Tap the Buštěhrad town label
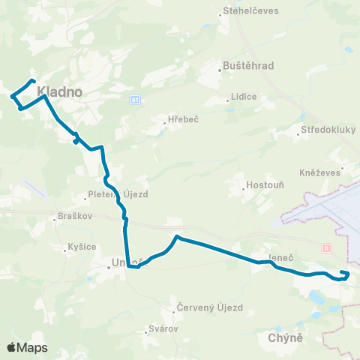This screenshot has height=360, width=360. tap(250, 66)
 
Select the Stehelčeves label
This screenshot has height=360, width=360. tap(251, 12)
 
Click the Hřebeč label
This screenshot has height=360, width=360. tap(183, 119)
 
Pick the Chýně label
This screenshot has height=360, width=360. tap(284, 338)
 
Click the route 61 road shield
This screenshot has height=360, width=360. tap(133, 99)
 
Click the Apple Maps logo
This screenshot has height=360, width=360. tap(27, 347)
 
